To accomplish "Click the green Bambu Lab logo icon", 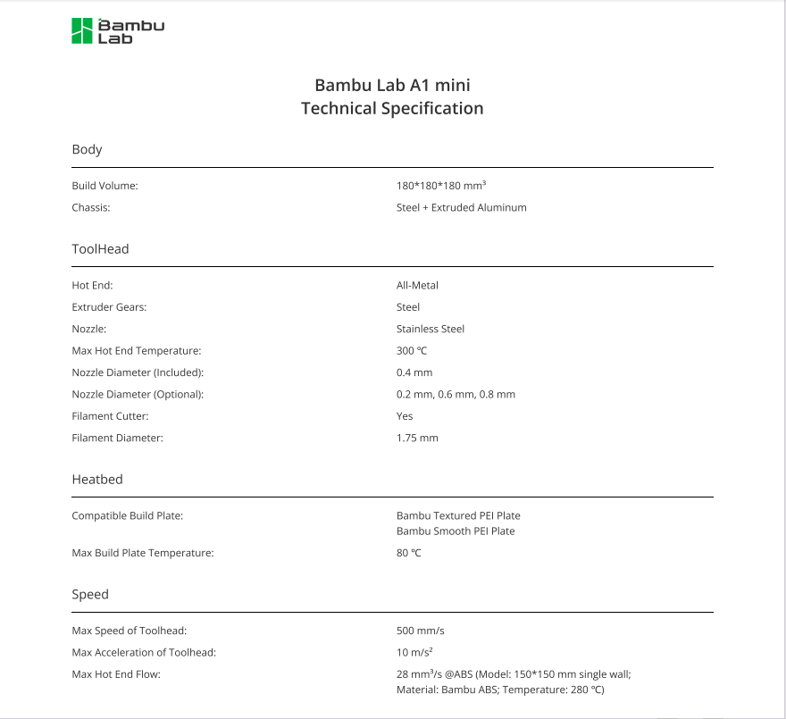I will coord(82,30).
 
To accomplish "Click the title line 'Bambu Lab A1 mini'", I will coord(392,86).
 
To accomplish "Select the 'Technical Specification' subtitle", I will coord(392,109).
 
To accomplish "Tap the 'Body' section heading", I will coord(87,149).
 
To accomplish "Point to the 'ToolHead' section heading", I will coord(100,249).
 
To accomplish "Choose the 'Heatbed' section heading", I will coord(96,480).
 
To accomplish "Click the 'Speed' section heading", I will coord(90,595).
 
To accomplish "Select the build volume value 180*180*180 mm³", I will coord(440,186).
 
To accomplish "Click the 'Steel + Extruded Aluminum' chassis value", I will coord(461,207).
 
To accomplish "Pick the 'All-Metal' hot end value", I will coord(417,286).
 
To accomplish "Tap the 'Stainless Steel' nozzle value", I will coord(431,329).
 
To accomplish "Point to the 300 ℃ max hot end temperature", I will coord(412,351).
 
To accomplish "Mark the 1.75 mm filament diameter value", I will coord(417,438).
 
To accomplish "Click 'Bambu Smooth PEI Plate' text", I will coord(456,531).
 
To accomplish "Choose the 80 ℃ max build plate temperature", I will coord(408,553).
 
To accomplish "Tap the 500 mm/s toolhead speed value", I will coord(420,631).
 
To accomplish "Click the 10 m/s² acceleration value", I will coord(414,653).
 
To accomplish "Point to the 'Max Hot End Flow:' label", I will coord(116,674).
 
